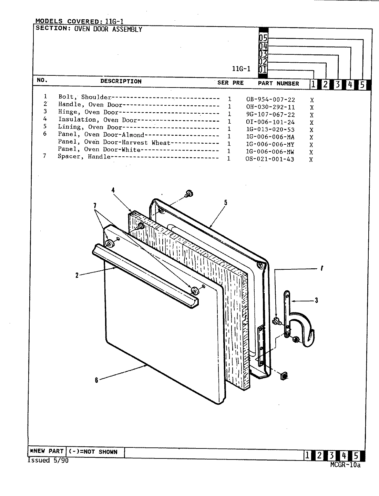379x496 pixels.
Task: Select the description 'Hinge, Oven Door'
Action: click(x=88, y=112)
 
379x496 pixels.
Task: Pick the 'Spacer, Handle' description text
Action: click(x=84, y=157)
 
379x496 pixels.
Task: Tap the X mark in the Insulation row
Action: click(x=311, y=123)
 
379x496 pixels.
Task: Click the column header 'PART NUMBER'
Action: click(x=278, y=83)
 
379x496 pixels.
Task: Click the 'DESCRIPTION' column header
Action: click(x=121, y=81)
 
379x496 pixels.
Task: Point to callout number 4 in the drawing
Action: click(x=113, y=189)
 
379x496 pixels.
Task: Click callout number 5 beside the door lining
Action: click(x=226, y=203)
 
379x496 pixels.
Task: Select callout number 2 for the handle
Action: click(x=77, y=275)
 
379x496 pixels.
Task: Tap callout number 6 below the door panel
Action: click(x=97, y=380)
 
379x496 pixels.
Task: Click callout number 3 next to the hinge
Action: click(x=316, y=300)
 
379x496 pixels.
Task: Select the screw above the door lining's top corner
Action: click(x=188, y=194)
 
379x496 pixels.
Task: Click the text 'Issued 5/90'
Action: click(x=48, y=461)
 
